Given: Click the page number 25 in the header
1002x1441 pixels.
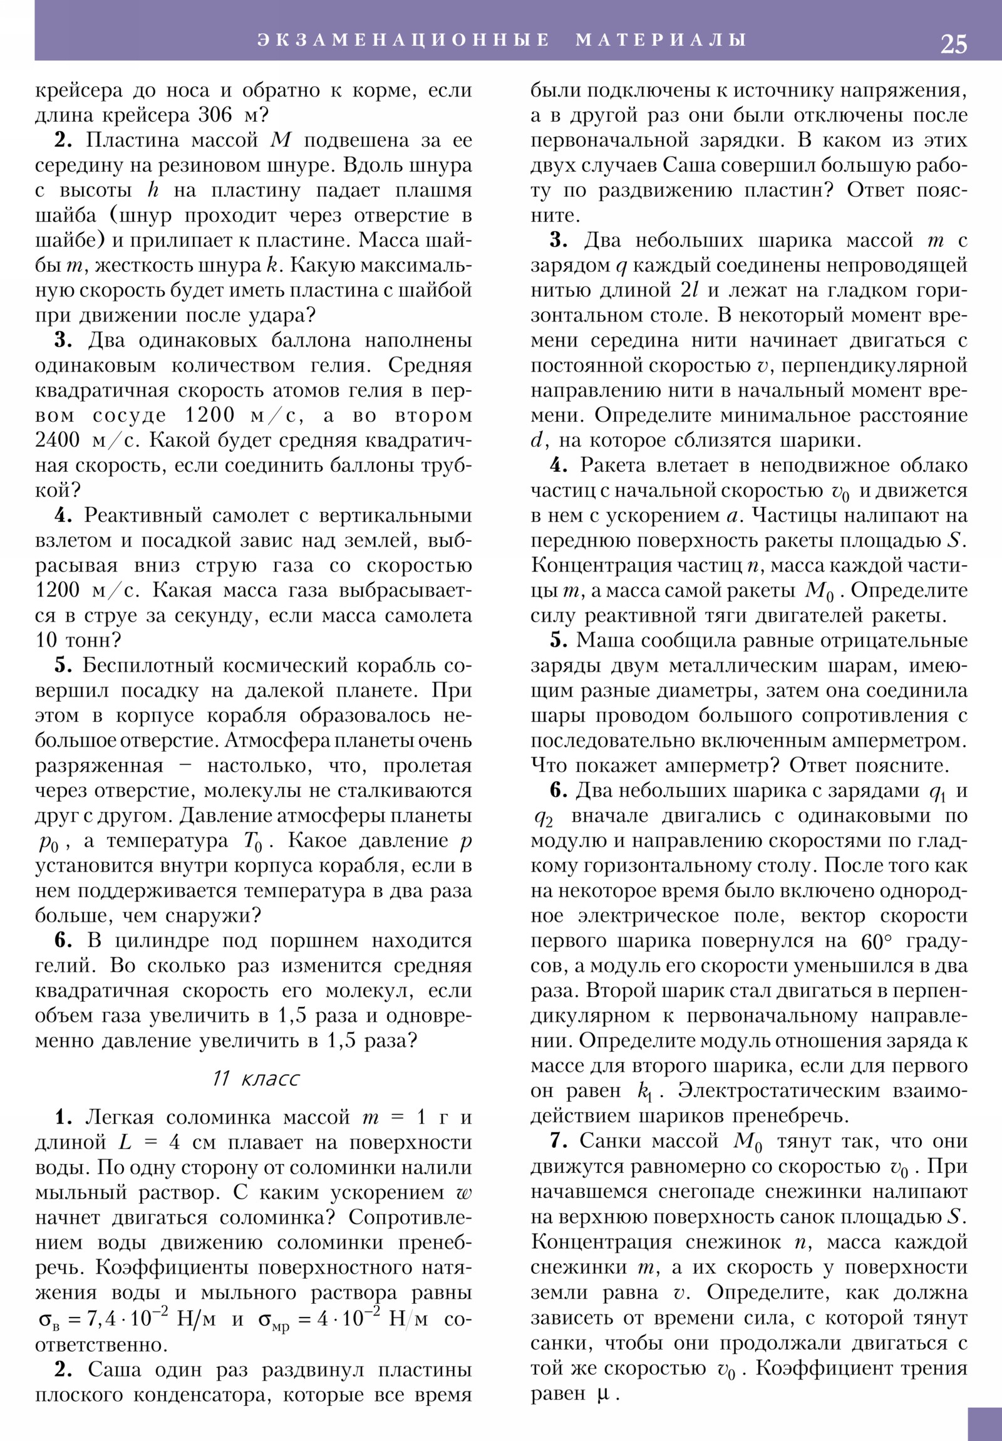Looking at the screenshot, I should coord(953,43).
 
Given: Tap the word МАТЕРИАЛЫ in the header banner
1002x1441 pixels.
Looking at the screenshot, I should coord(661,39).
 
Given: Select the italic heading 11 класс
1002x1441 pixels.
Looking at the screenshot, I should coord(256,1078).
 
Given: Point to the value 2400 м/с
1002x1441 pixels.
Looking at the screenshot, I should coord(86,440).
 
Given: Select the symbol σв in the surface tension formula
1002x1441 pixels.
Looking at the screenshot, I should coord(49,1320).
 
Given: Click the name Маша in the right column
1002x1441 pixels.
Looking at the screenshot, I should coord(601,641).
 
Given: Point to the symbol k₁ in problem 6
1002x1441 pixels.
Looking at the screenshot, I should coord(645,1091).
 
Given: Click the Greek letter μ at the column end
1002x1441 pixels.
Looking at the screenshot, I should coord(603,1395).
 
